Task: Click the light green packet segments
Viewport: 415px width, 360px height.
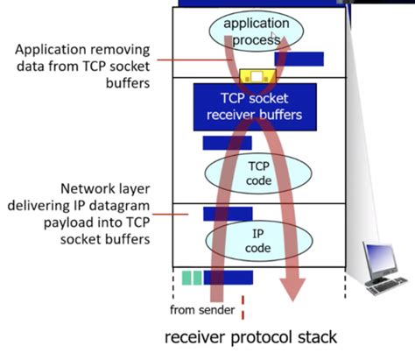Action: point(192,278)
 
